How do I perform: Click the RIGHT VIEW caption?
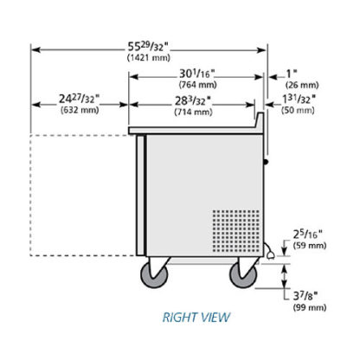coord(196,318)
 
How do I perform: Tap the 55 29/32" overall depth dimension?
coord(148,47)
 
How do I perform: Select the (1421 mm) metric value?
coord(149,58)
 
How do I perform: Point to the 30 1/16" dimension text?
coord(197,74)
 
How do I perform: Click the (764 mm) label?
coord(197,85)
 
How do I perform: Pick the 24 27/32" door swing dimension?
coord(80,99)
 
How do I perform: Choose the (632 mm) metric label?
coord(80,110)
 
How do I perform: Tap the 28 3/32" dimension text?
coord(193,101)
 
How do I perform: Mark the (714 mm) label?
coord(193,112)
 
